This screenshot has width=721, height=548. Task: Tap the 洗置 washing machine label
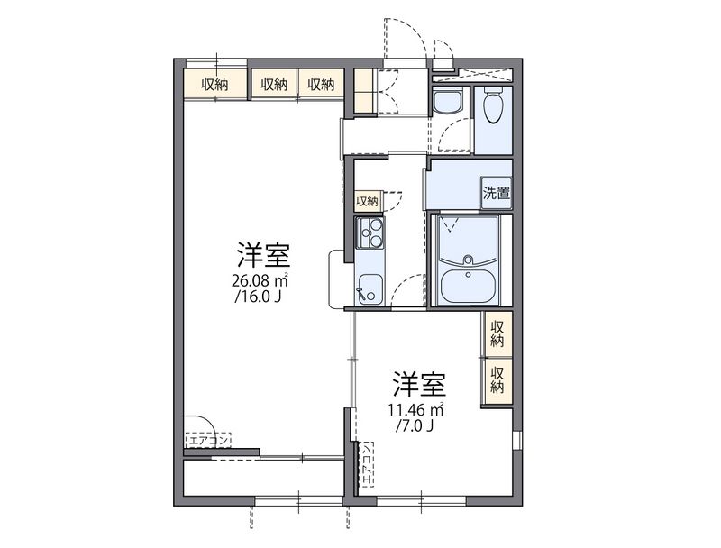click(497, 192)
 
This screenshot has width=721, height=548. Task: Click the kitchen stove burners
click(370, 233)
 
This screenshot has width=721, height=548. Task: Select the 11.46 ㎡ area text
click(415, 411)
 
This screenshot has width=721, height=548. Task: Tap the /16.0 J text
click(260, 296)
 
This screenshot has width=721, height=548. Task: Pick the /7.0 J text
click(415, 427)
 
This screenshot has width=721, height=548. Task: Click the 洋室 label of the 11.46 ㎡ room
click(416, 385)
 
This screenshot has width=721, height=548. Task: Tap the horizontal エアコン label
click(209, 441)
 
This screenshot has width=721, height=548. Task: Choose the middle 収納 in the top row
click(274, 85)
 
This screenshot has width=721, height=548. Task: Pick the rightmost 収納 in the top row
click(321, 85)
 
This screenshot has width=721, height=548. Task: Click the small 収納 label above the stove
click(368, 201)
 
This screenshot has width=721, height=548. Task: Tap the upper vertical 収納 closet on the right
click(497, 333)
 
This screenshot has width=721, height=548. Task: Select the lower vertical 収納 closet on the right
click(497, 379)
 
